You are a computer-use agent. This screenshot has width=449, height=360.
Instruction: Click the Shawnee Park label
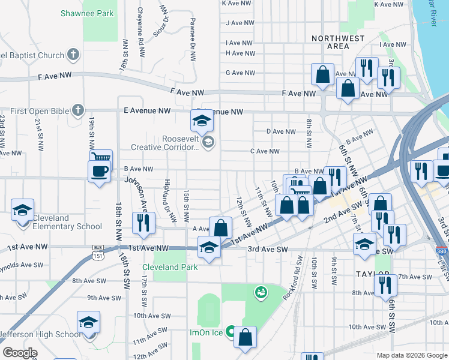pyautogui.click(x=87, y=13)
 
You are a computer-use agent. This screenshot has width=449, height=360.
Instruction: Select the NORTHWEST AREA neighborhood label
pyautogui.click(x=339, y=42)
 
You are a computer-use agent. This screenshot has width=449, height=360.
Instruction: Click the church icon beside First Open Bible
pyautogui.click(x=77, y=110)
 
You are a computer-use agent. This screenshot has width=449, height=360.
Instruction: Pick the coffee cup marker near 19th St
pyautogui.click(x=99, y=171)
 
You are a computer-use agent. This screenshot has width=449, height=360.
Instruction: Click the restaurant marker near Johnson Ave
pyautogui.click(x=143, y=224)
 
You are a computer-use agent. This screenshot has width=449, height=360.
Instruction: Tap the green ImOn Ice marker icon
pyautogui.click(x=230, y=332)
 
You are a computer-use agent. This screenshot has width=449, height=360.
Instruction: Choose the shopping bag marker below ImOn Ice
pyautogui.click(x=245, y=338)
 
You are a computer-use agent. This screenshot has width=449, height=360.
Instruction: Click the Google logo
pyautogui.click(x=19, y=353)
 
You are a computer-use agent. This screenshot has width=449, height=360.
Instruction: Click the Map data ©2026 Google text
pyautogui.click(x=411, y=355)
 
